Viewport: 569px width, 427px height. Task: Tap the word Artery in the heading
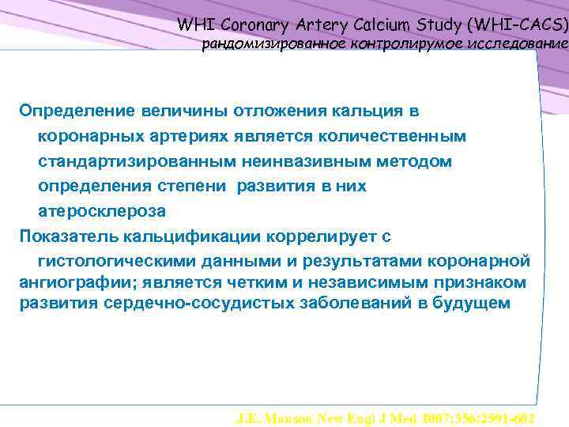pyautogui.click(x=327, y=25)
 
